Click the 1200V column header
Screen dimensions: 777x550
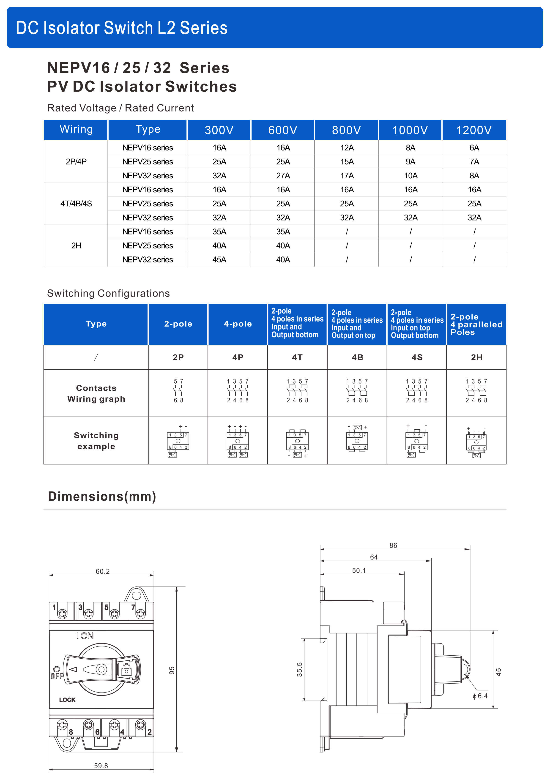pos(473,130)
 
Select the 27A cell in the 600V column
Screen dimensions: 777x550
pos(283,176)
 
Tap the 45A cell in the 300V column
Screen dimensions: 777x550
pos(219,260)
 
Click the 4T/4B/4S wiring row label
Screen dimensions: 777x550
pos(76,204)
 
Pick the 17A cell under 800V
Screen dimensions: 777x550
pos(347,176)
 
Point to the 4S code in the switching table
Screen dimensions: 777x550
pos(417,357)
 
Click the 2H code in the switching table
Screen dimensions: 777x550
pos(476,357)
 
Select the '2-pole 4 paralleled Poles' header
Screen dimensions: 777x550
pos(476,324)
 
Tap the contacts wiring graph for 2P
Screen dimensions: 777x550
pos(178,391)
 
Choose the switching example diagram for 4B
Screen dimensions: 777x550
pos(357,439)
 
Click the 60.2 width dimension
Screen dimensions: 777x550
pos(103,572)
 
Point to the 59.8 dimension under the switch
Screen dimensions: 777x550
pos(101,766)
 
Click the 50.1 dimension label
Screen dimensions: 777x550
pos(359,570)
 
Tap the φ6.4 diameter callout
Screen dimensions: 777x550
pos(480,696)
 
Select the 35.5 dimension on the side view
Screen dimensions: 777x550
pos(300,670)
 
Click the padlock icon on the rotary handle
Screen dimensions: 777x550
pos(126,669)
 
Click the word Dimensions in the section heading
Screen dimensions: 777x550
pos(86,496)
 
